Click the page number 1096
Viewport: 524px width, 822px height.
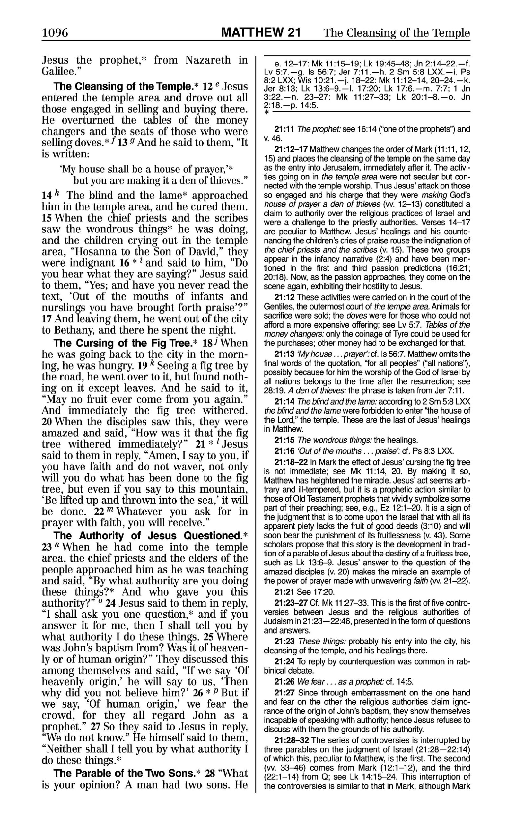55,33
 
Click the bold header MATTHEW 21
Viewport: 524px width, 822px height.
261,33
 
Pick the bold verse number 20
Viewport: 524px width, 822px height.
47,422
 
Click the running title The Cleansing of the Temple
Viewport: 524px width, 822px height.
396,33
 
